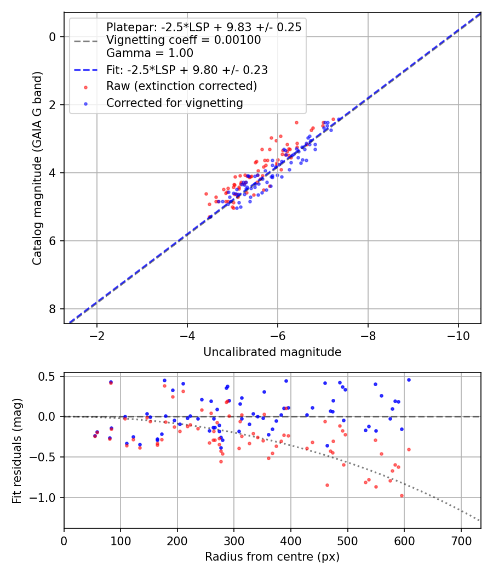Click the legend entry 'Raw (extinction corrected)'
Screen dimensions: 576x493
181,86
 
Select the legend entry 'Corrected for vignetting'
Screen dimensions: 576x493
174,103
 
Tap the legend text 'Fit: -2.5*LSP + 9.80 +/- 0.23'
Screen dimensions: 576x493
187,70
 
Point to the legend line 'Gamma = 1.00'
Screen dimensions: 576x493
150,53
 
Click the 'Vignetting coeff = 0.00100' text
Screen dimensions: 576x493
183,40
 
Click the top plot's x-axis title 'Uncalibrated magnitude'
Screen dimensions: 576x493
272,352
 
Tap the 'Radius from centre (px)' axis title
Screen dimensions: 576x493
272,557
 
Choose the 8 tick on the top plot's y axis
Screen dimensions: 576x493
53,309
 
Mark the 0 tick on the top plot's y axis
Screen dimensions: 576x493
53,37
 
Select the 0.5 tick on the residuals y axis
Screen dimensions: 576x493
50,376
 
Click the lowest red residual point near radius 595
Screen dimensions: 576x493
402,495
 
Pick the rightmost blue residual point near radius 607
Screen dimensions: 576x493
408,380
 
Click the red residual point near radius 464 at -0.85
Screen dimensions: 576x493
327,485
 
